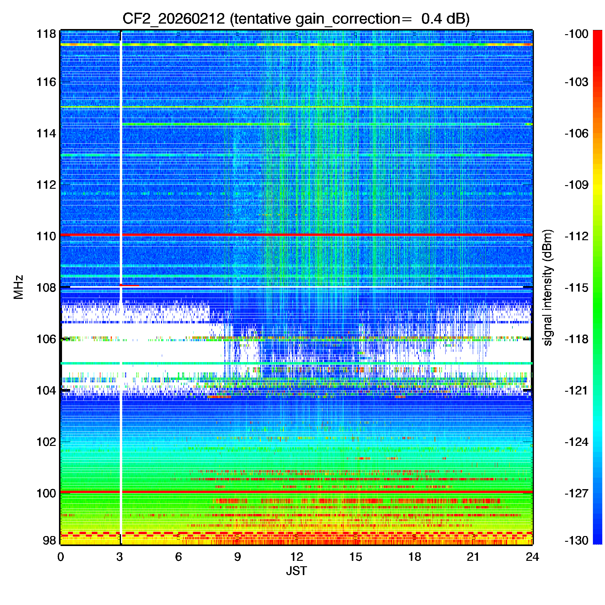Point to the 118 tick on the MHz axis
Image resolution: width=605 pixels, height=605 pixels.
[46, 34]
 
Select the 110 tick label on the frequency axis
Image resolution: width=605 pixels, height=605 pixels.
[46, 236]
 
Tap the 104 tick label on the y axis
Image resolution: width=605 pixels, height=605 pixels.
[46, 391]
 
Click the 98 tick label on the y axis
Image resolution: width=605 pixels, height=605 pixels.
[50, 541]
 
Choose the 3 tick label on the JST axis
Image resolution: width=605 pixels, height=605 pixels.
[119, 557]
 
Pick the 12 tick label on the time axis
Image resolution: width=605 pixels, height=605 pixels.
[296, 557]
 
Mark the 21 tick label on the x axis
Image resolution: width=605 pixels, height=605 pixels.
[473, 557]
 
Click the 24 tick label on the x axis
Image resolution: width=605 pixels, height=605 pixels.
[532, 557]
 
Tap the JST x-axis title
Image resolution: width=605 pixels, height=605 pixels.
[296, 571]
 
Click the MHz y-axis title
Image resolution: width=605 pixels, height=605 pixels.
[19, 287]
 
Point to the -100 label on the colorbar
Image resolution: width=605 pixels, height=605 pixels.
[576, 34]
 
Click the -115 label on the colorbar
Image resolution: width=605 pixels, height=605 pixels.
[576, 287]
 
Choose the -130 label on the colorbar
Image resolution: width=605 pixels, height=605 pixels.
[576, 541]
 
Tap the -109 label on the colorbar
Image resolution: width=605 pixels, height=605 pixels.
[576, 185]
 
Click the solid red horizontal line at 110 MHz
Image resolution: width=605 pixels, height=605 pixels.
[313, 234]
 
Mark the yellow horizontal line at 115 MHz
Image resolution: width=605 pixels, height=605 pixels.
[313, 107]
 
